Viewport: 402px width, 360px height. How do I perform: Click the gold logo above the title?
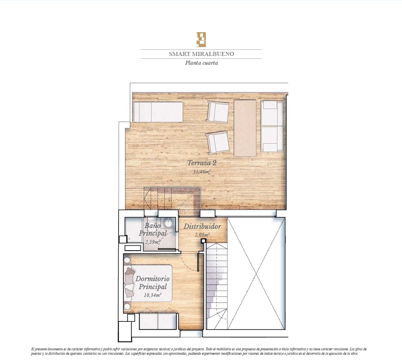[x=201, y=39]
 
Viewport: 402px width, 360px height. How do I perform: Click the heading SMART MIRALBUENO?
[x=201, y=54]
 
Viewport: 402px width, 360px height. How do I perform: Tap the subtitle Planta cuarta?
[x=201, y=63]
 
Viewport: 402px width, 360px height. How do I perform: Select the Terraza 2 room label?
[x=202, y=163]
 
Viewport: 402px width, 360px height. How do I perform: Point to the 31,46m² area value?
[x=202, y=171]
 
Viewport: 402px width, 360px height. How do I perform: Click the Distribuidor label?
[x=202, y=226]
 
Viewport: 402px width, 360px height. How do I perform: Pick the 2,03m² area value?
[x=202, y=235]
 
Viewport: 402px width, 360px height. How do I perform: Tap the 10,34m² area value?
[x=152, y=295]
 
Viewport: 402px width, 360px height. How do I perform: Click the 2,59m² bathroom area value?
[x=153, y=242]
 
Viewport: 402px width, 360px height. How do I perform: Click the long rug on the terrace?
[x=245, y=128]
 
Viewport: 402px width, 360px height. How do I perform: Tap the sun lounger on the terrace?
[x=158, y=112]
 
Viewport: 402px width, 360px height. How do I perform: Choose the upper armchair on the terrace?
[x=218, y=112]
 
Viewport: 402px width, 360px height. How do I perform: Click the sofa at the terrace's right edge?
[x=272, y=126]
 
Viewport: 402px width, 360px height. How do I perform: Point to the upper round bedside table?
[x=127, y=260]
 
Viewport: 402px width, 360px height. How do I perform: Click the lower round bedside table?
[x=127, y=307]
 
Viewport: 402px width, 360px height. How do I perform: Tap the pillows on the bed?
[x=130, y=282]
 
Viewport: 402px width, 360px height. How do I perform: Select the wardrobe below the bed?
[x=158, y=321]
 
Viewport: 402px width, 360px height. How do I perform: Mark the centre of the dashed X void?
[x=256, y=274]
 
